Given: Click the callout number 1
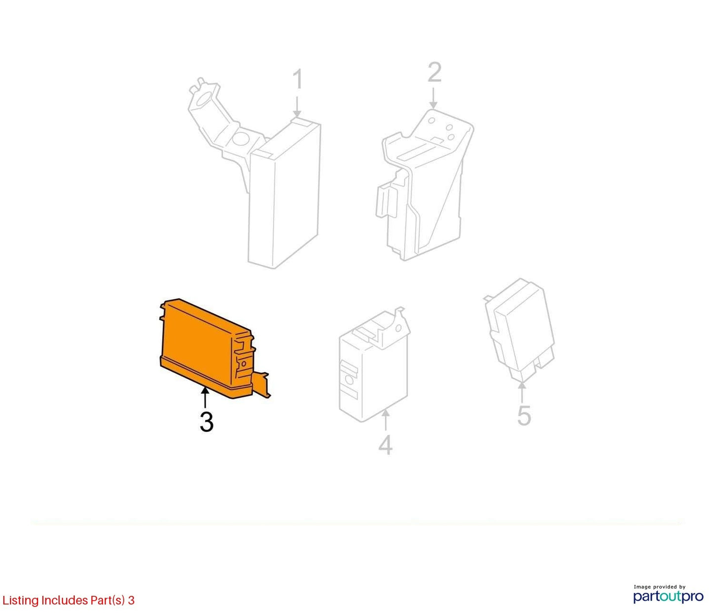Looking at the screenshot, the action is [298, 80].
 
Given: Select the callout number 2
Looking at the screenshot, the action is [434, 72].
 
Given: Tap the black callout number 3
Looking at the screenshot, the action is [207, 422].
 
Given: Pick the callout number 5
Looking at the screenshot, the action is [524, 415].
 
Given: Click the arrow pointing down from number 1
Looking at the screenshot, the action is [297, 107].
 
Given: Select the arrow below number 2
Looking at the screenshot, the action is [434, 98].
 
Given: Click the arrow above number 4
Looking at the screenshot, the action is [385, 420].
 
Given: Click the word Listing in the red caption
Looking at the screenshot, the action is [21, 600].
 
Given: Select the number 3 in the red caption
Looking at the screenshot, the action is [131, 600].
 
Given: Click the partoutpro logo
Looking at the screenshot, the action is [669, 596].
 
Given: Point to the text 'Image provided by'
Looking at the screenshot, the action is [660, 587].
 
